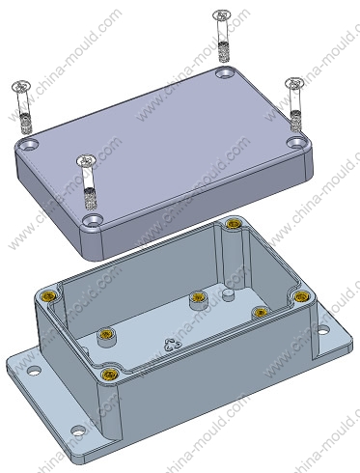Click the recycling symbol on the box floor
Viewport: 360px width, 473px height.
click(x=172, y=345)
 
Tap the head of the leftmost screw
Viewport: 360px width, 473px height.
click(x=21, y=86)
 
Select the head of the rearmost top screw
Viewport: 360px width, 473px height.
click(x=222, y=15)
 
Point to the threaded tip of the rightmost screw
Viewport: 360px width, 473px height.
click(x=295, y=121)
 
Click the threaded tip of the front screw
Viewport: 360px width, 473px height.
click(x=89, y=199)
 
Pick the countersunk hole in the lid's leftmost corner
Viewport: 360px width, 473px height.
click(x=29, y=144)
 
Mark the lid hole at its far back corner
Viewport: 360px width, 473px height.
click(x=225, y=72)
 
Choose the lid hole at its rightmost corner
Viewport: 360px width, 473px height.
click(x=296, y=142)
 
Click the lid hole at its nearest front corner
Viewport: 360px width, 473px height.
click(x=92, y=220)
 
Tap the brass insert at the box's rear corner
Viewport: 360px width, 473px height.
click(x=233, y=224)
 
